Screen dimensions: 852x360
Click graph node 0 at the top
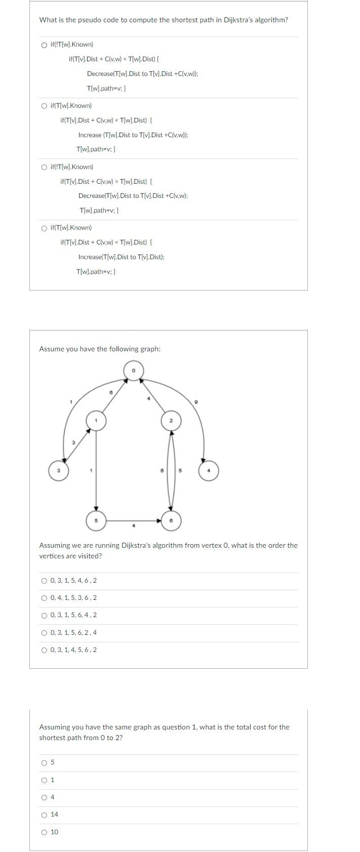click(134, 371)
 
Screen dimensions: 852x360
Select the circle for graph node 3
click(58, 471)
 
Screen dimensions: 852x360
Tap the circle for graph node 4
click(209, 471)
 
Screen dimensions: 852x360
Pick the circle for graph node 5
click(96, 520)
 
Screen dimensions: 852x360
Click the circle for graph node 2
click(171, 421)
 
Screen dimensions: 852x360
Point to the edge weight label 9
click(196, 401)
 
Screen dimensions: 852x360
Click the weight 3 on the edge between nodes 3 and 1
click(73, 442)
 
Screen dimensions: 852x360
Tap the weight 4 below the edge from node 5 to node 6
click(134, 526)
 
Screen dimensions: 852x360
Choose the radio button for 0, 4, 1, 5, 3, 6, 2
click(45, 598)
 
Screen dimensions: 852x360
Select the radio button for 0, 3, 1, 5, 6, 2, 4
click(45, 633)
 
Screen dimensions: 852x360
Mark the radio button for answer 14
click(45, 815)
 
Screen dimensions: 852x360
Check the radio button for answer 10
click(45, 832)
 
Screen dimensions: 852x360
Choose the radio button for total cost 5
click(45, 763)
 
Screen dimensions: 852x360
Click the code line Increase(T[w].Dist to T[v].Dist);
click(121, 257)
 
